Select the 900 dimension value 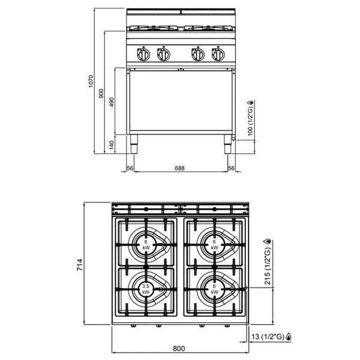pos(101,92)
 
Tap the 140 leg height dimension pos(112,145)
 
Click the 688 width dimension pos(179,169)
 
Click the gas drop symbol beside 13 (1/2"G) pos(290,337)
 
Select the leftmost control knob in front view pos(143,54)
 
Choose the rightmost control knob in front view pos(216,54)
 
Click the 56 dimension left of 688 pos(130,169)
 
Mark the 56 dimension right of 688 pos(231,169)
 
